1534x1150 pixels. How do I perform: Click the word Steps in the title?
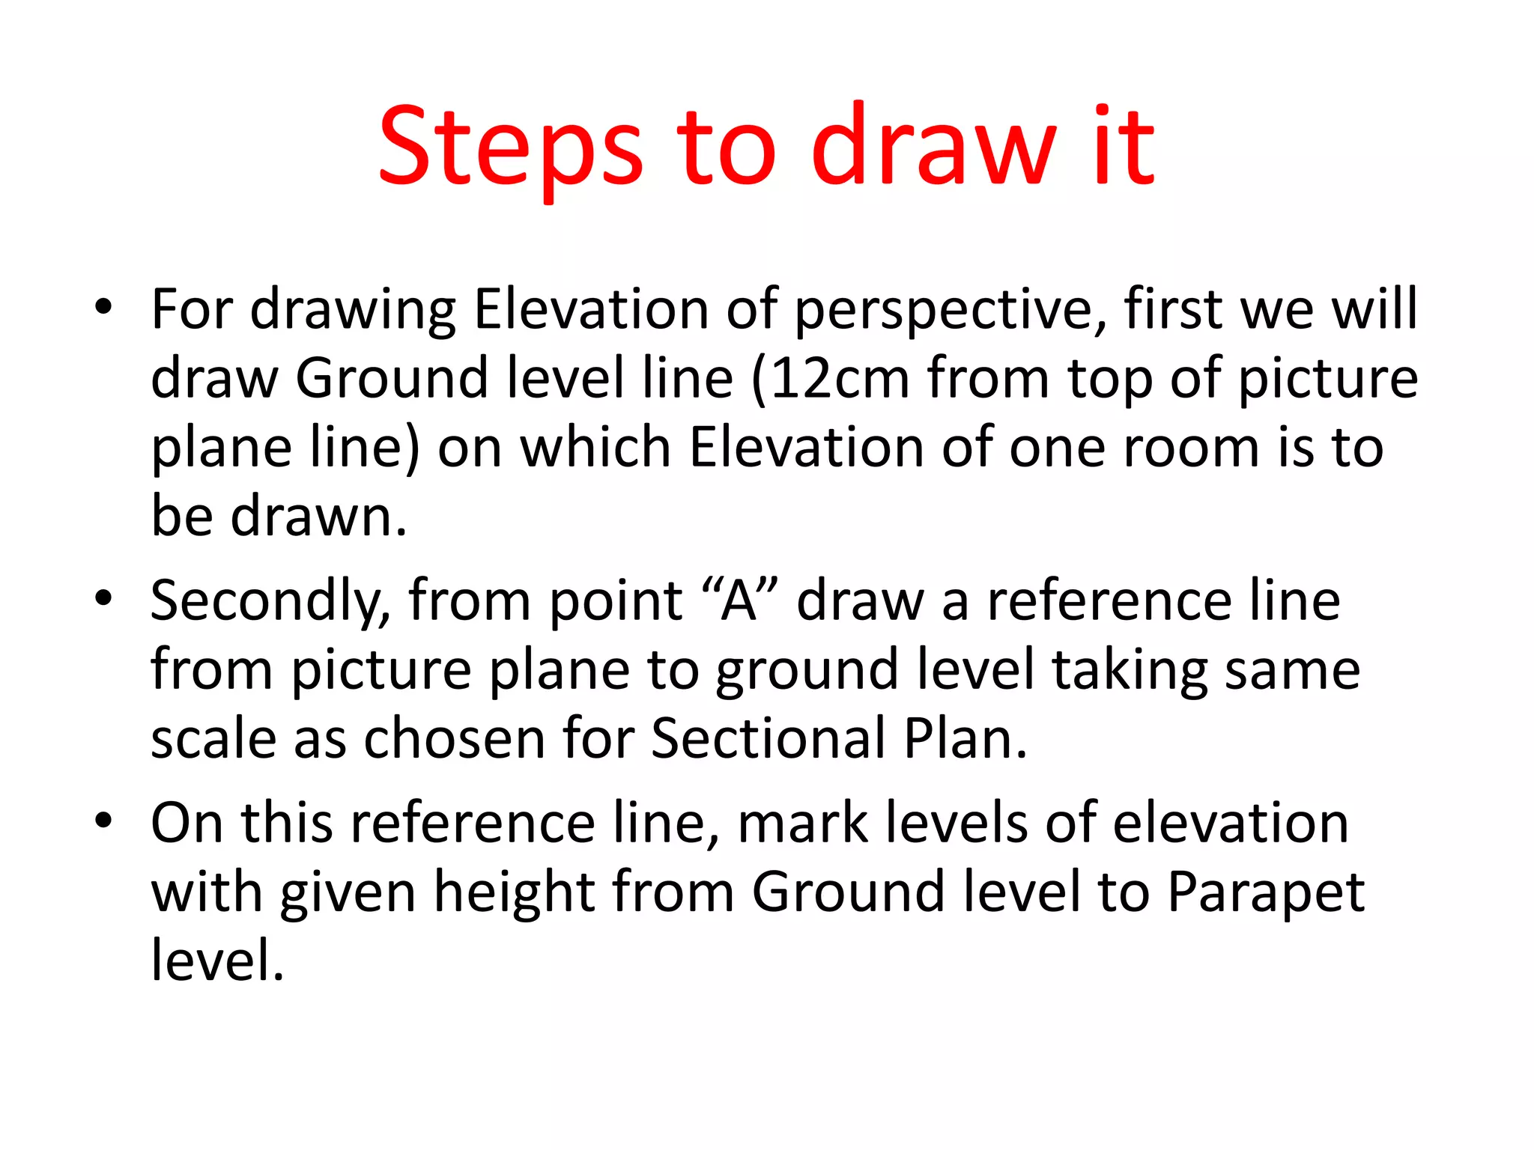coord(510,145)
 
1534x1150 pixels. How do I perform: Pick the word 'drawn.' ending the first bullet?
coord(318,517)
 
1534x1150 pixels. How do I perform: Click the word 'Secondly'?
coord(270,601)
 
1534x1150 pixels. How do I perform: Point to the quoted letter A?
coord(739,601)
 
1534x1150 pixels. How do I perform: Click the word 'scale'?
coord(213,739)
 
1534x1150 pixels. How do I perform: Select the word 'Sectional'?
coord(768,739)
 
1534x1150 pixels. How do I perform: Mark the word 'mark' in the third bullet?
coord(802,823)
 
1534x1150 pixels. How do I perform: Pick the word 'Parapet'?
coord(1265,892)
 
